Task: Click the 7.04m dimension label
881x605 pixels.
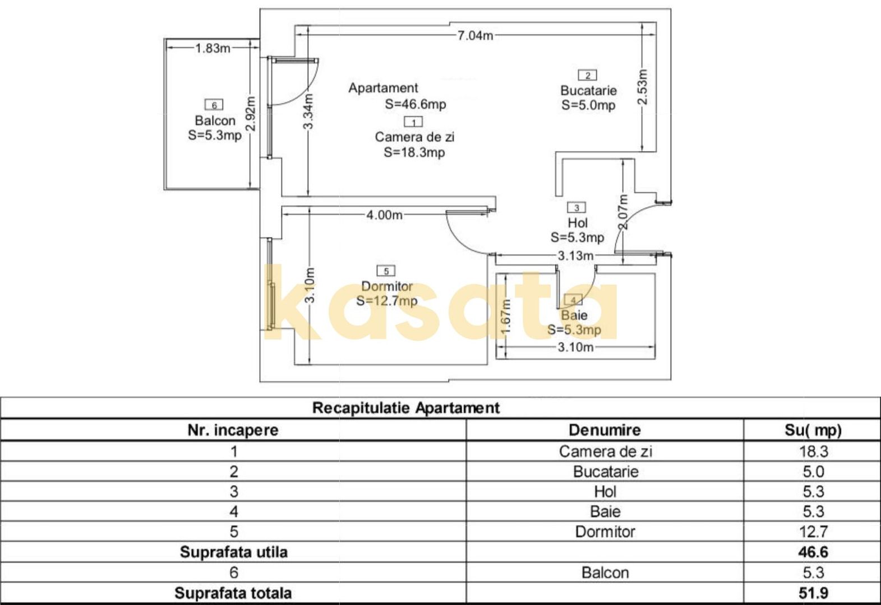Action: pos(475,36)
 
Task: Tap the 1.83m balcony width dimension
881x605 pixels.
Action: pos(213,48)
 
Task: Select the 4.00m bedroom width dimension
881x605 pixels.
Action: pos(384,215)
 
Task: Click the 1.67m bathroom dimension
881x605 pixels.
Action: pos(506,317)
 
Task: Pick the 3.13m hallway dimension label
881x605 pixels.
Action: pos(575,256)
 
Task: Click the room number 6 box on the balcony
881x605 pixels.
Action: pos(214,105)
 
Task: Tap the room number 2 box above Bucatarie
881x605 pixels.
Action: pos(588,76)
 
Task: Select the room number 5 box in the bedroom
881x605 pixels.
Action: pos(386,271)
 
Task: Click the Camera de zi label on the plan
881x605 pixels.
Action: pos(414,137)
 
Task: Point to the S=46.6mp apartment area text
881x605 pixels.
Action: pos(416,105)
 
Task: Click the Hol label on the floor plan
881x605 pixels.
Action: pos(578,223)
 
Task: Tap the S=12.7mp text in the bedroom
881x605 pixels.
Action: pos(386,301)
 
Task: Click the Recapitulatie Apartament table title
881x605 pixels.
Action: pos(406,408)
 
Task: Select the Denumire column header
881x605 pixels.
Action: pos(605,430)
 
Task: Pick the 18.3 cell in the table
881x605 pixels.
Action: pos(814,452)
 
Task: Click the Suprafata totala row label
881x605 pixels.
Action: pos(233,593)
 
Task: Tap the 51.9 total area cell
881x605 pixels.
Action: pos(813,593)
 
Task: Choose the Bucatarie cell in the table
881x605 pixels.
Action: pos(606,472)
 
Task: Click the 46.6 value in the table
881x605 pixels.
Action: pos(813,552)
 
